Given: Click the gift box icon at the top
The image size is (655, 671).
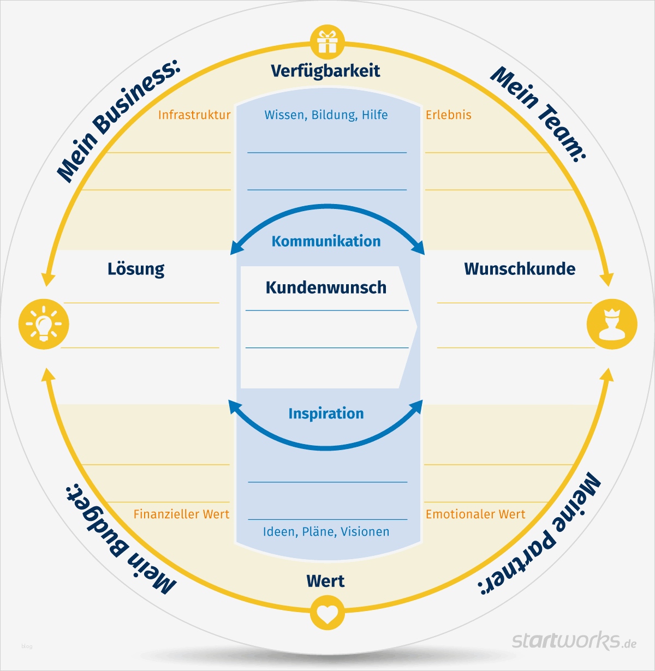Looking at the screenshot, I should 327,42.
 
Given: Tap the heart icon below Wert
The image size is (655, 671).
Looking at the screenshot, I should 327,613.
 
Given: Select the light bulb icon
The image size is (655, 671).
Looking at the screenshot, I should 44,324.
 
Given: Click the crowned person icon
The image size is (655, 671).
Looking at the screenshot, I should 611,324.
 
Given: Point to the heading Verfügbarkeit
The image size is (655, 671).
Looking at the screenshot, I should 325,70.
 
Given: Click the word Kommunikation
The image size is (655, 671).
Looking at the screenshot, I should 326,241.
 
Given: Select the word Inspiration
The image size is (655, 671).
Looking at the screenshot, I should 326,414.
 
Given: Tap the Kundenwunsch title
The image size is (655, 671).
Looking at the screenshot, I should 326,287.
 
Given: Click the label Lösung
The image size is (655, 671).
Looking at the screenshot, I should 136,269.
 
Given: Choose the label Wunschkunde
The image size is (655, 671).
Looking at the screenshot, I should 520,269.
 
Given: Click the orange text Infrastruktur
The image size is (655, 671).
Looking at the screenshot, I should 194,115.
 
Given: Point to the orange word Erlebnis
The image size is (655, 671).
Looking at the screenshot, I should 448,115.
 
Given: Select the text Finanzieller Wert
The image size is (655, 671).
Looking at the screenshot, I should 181,514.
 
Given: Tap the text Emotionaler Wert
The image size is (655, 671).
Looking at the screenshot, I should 475,514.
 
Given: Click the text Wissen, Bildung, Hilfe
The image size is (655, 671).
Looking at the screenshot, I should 326,115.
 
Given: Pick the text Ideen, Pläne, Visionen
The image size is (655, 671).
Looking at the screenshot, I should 326,532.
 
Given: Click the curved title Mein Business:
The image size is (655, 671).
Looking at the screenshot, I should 117,121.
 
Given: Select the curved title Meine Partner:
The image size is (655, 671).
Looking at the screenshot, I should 540,535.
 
